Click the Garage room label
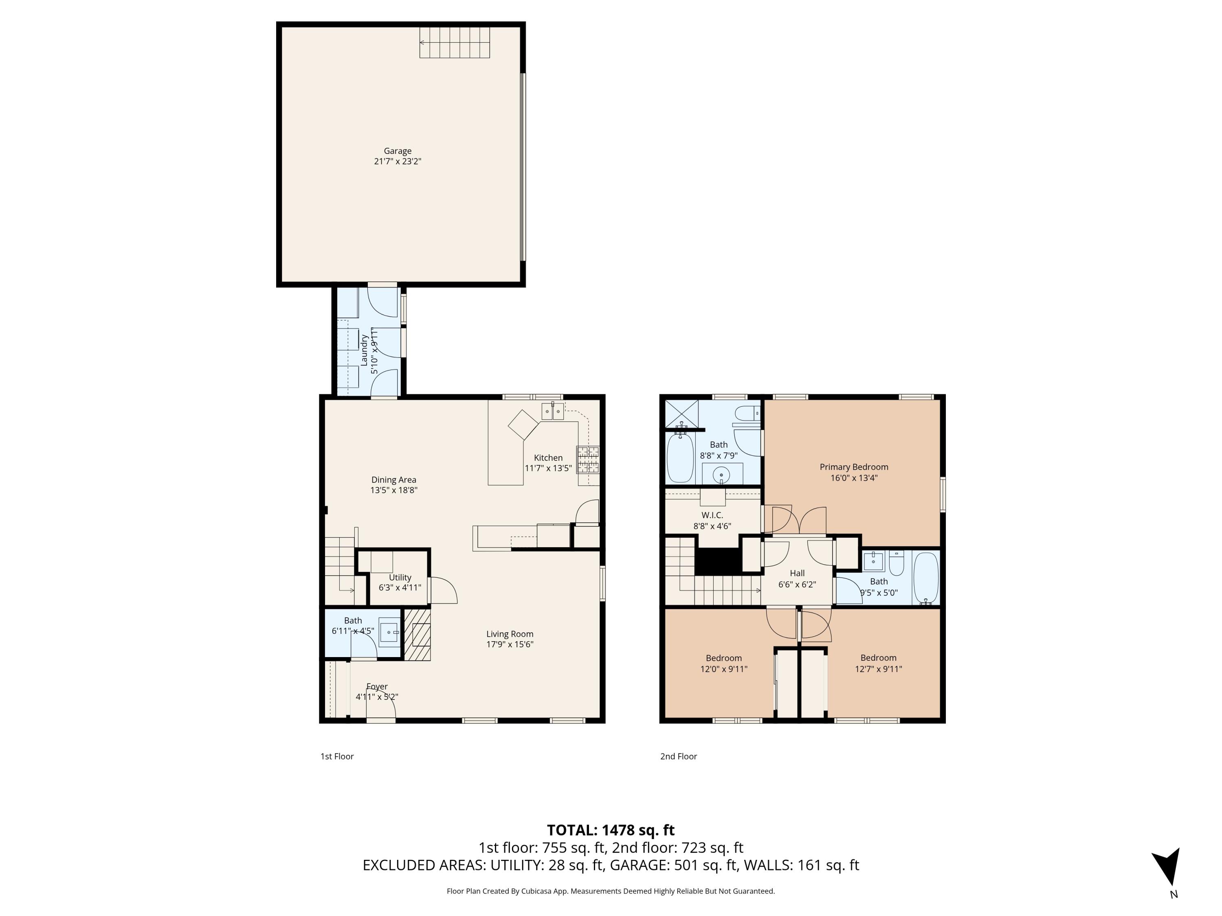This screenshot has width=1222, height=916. click(397, 151)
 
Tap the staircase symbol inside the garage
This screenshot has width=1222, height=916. click(455, 42)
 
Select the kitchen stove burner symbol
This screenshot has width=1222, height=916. click(588, 459)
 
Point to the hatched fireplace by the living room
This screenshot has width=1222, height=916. click(417, 634)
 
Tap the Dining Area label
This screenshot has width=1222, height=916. click(393, 480)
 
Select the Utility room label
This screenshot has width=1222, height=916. click(400, 578)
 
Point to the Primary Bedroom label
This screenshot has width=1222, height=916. click(853, 467)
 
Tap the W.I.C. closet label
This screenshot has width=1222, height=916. click(712, 515)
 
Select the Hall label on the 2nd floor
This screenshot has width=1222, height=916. click(797, 573)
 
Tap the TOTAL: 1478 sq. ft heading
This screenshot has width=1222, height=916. click(611, 830)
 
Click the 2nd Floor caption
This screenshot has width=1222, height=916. click(678, 756)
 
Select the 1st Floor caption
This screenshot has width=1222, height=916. click(337, 756)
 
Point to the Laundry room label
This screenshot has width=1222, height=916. click(365, 350)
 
